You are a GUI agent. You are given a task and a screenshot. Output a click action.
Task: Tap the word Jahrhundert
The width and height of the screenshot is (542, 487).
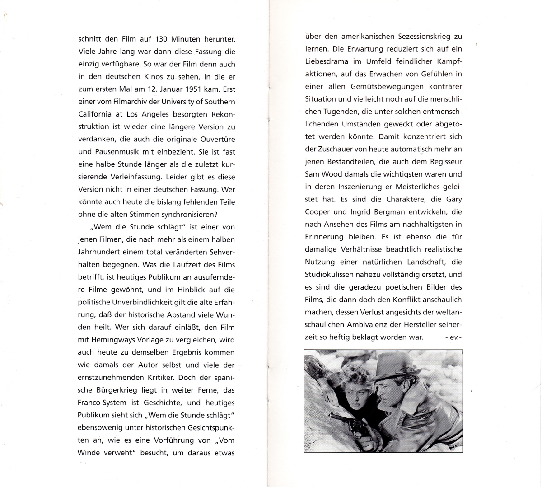[99, 252]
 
